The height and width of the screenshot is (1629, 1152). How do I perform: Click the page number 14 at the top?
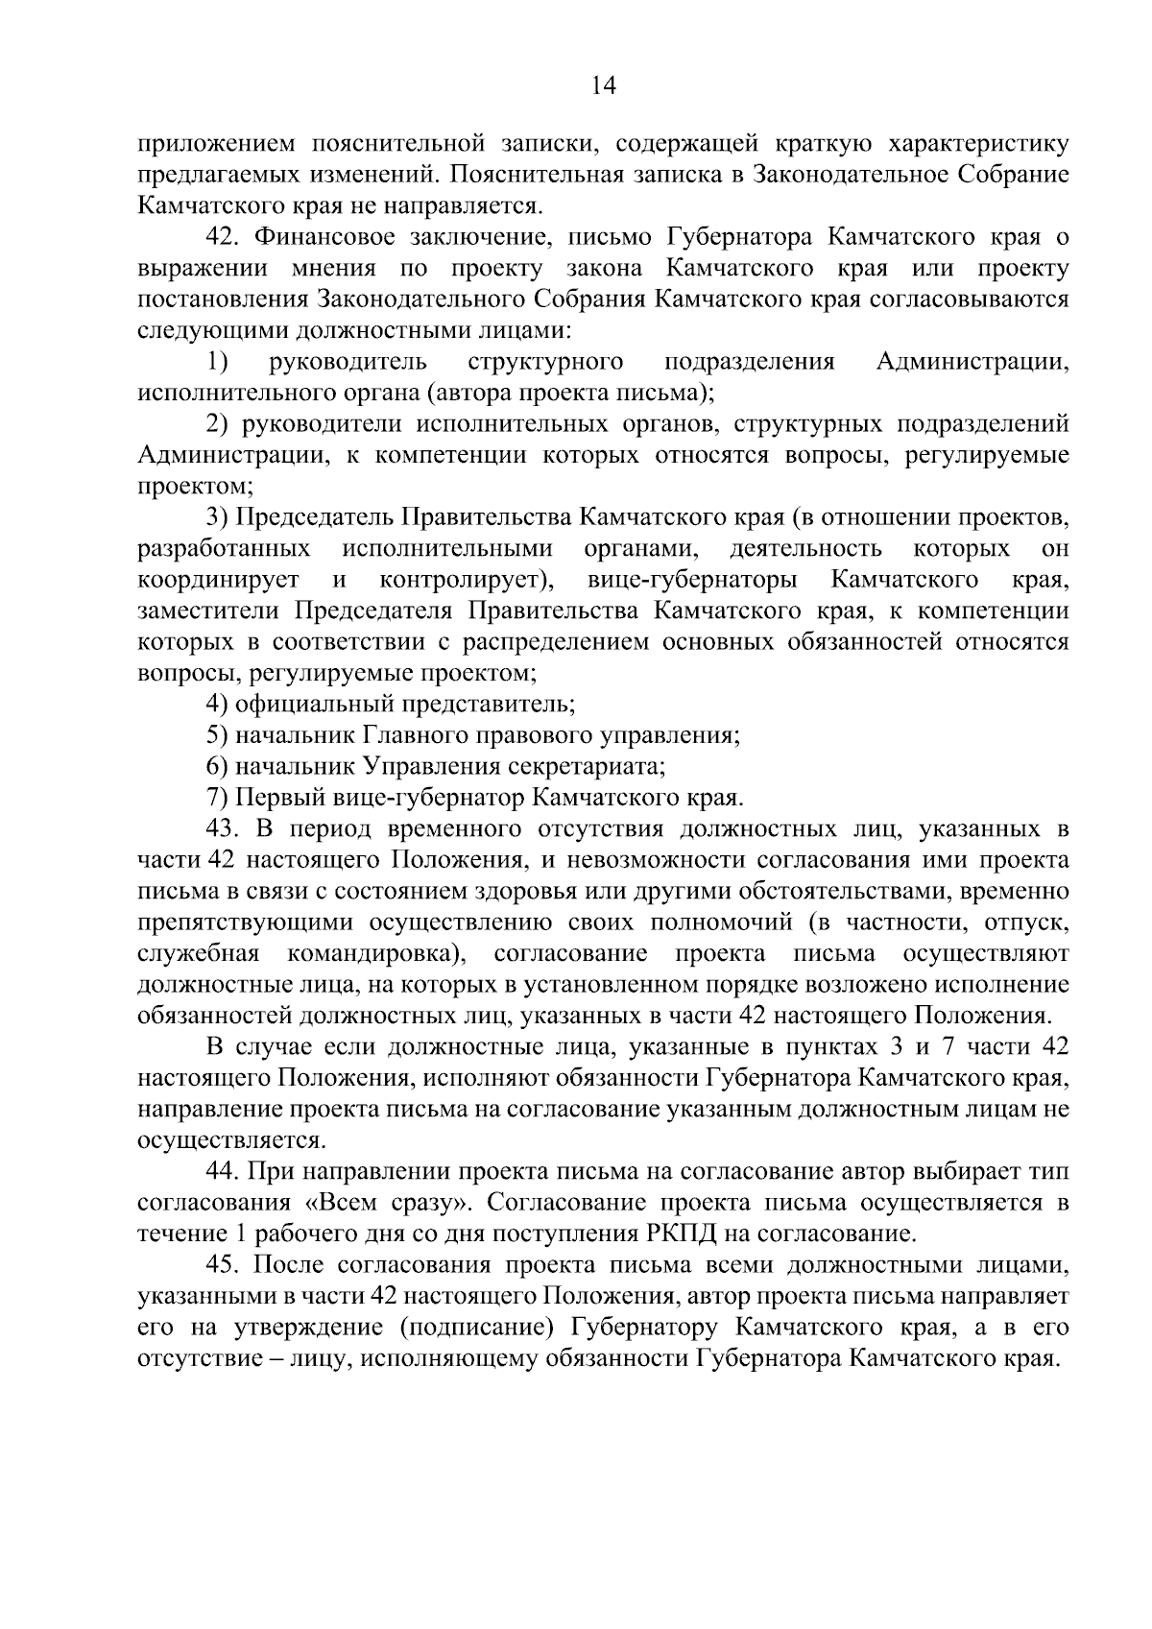coord(603,85)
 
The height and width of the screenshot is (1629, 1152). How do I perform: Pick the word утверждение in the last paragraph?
coord(311,1328)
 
